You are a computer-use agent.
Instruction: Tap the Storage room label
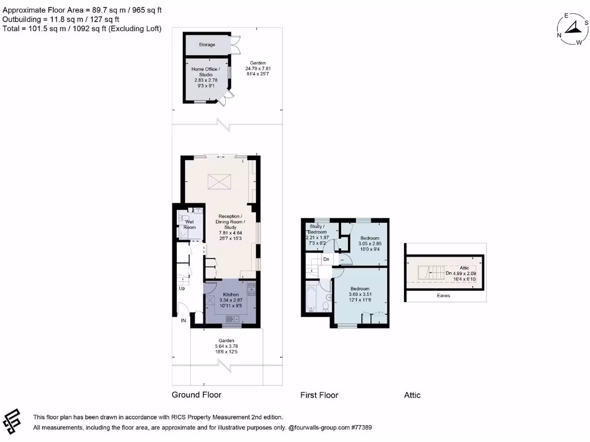point(207,44)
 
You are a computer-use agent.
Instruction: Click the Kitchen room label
point(230,295)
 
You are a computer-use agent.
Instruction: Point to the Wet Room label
point(190,224)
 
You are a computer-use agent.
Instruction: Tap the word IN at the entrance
point(184,320)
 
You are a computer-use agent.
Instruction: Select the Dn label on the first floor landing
point(326,260)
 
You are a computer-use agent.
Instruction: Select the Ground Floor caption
point(196,395)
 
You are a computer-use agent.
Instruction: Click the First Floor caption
point(319,395)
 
